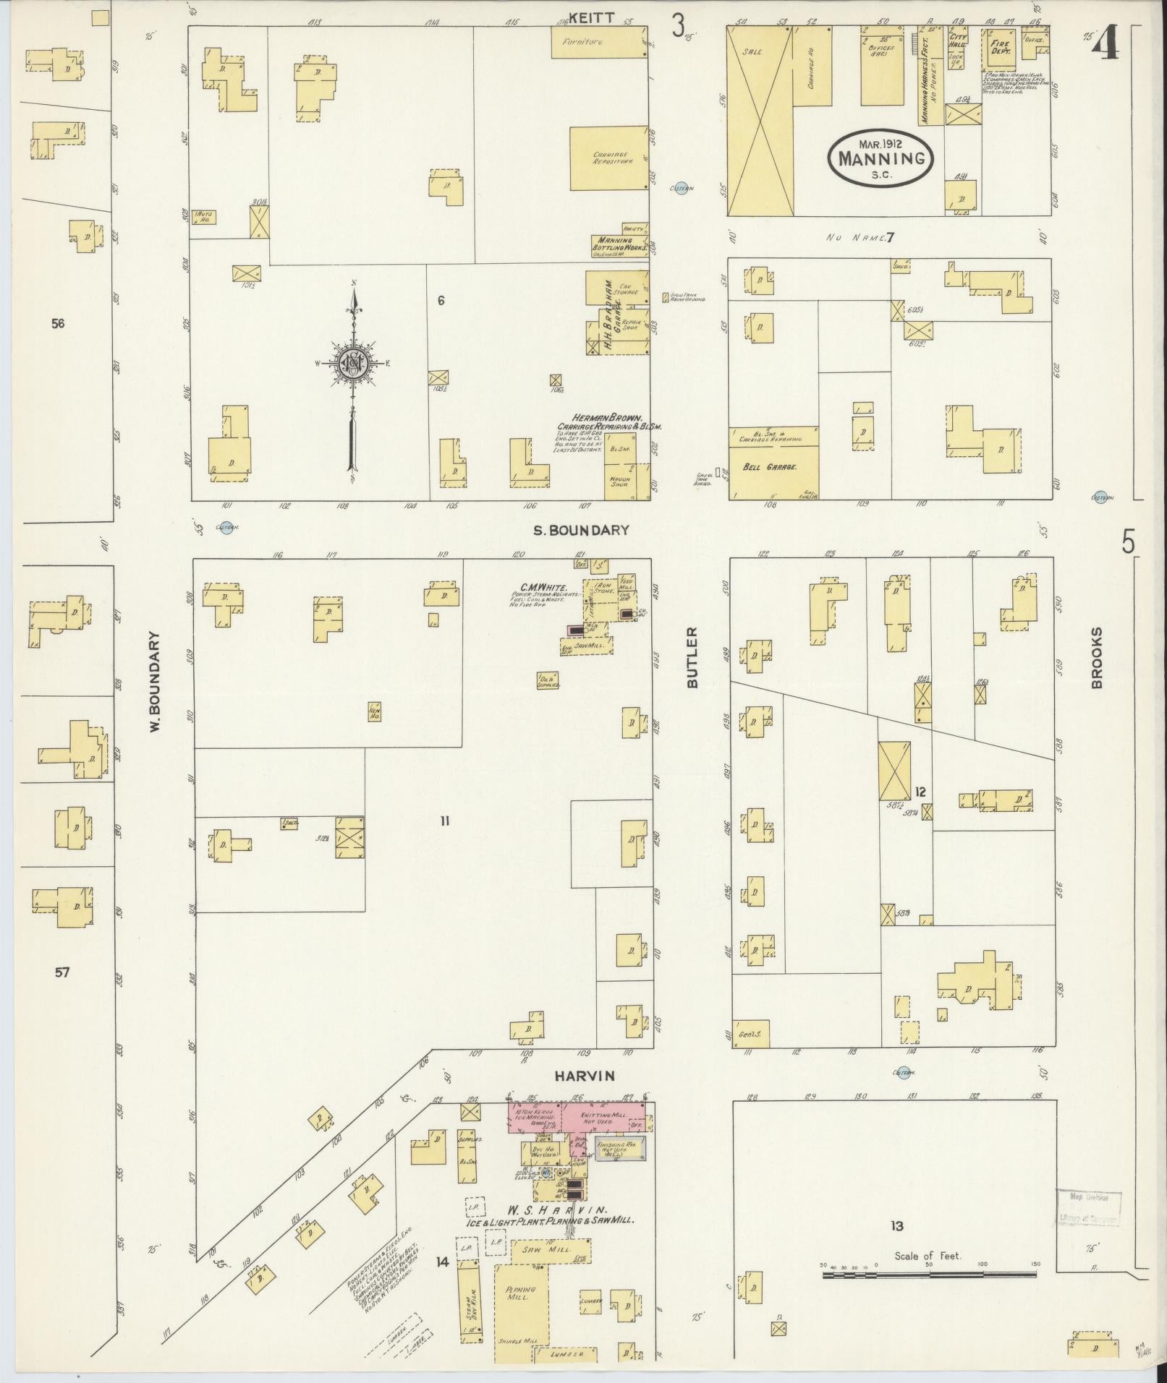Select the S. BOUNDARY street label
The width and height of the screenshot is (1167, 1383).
581,530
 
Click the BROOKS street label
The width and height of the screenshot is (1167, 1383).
1098,657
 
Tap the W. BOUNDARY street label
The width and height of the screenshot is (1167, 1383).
155,682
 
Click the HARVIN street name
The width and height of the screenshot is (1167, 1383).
585,1076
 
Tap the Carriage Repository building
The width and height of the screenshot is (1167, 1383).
608,158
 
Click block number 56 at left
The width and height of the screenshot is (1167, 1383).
58,323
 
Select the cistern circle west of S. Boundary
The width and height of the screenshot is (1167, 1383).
227,528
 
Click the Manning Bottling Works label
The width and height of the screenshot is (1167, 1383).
619,244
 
